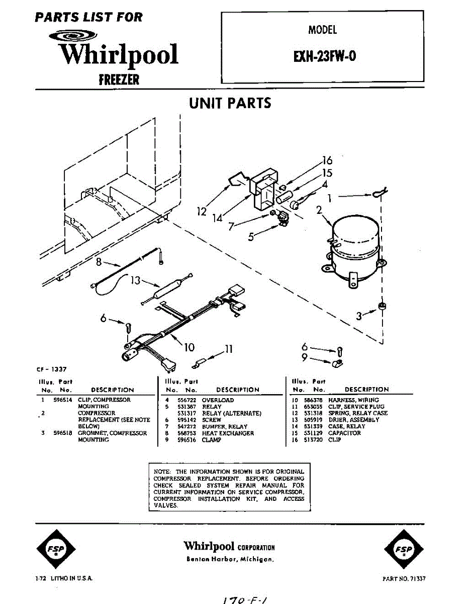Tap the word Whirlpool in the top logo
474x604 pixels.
119,54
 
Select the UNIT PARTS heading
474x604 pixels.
230,103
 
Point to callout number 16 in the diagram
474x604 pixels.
327,161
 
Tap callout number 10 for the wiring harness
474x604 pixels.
189,347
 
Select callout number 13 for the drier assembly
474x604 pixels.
135,280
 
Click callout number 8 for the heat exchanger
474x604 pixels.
99,261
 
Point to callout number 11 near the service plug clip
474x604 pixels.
229,348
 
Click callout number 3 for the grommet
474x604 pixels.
358,316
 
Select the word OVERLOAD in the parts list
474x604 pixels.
218,400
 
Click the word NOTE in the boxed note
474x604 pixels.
162,472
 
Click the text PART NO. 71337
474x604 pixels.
404,579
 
